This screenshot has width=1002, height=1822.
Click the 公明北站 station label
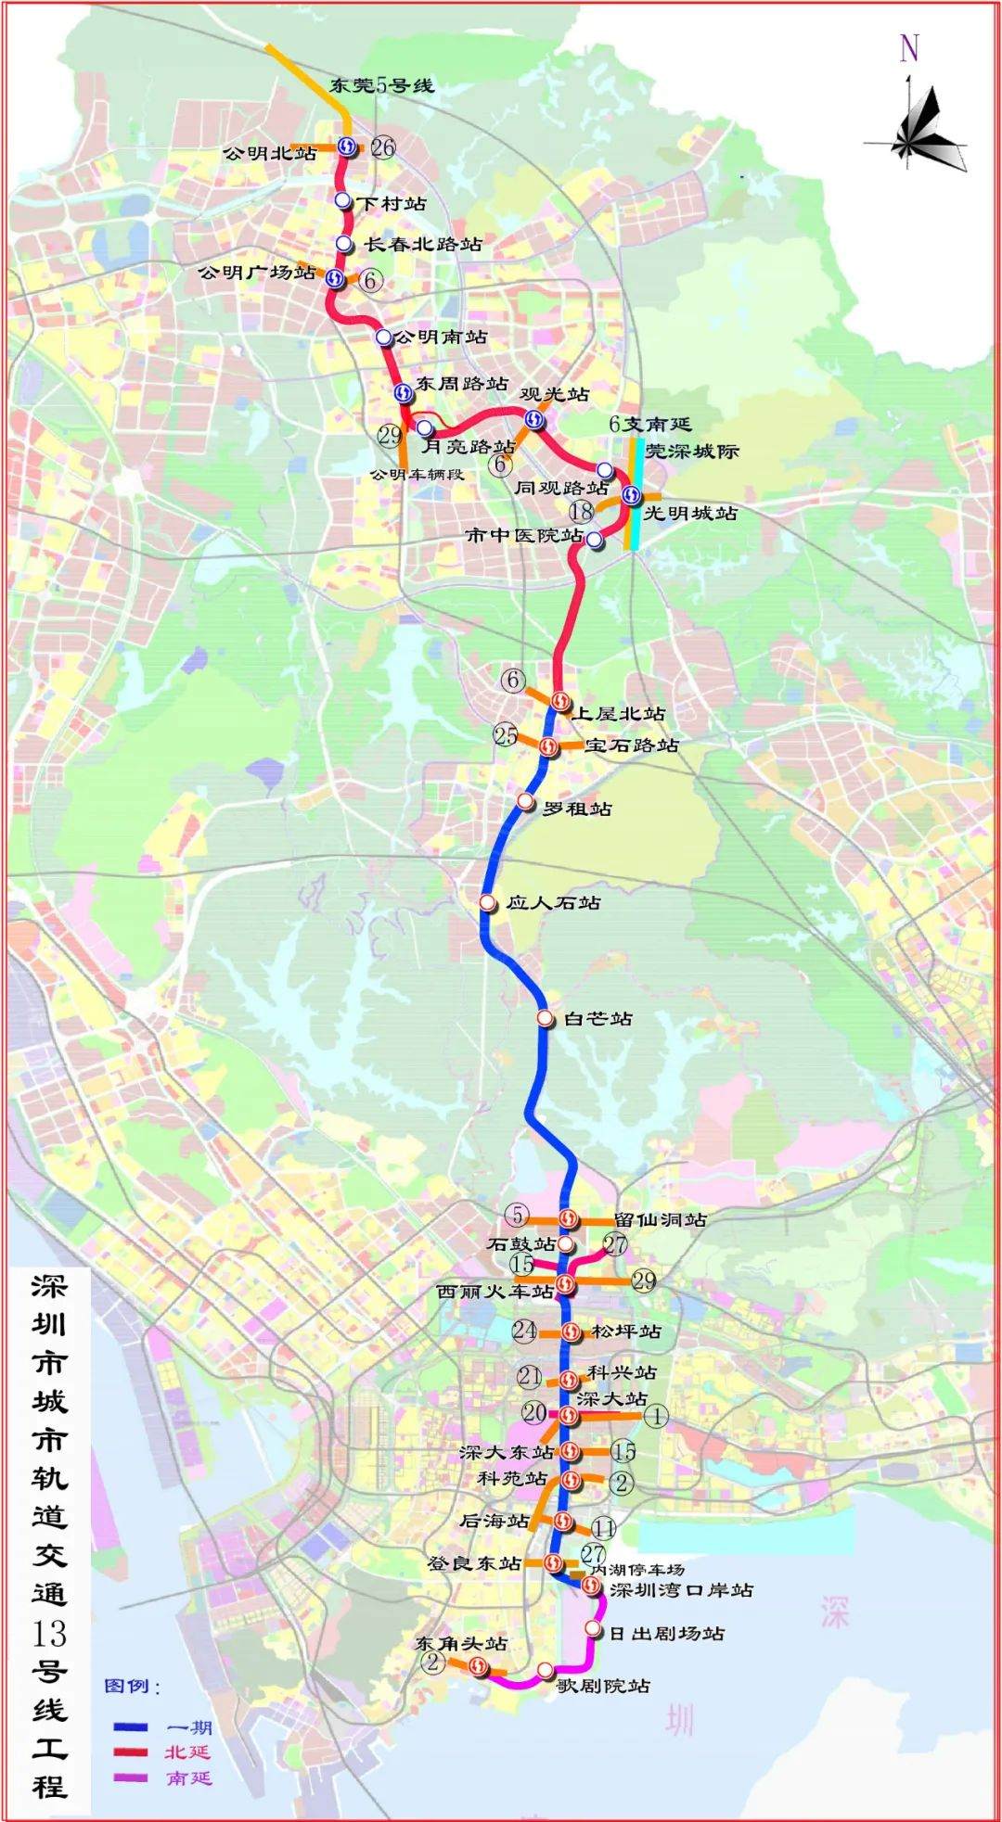coord(269,153)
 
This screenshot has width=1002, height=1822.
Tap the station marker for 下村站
coord(343,201)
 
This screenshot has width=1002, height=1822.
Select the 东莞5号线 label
coord(381,85)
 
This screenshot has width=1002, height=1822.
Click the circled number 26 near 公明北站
coord(382,147)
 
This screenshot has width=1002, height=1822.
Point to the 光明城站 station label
coord(690,513)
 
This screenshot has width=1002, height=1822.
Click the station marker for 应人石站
coord(487,902)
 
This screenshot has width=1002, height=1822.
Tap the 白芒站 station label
coord(598,1018)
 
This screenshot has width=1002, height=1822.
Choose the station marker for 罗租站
coord(526,801)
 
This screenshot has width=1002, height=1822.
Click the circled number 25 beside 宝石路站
coord(506,735)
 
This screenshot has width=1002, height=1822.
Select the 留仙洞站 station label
coord(660,1219)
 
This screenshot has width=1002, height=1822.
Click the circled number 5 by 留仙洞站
coord(518,1215)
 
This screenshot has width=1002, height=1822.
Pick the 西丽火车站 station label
coord(495,1291)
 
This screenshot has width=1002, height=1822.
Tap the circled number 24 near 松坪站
coord(524,1331)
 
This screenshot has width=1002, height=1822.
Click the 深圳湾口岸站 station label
coord(681,1589)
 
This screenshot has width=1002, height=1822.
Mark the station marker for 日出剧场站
coord(593,1628)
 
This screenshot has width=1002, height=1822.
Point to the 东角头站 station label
coord(461,1643)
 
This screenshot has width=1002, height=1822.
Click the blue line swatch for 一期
coord(131,1727)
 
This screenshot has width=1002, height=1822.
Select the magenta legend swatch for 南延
coord(131,1777)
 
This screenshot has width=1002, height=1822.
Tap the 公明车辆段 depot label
coord(417,474)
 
